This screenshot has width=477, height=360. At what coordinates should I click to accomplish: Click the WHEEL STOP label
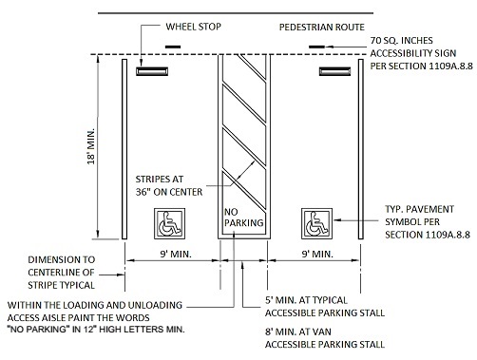tap(193, 27)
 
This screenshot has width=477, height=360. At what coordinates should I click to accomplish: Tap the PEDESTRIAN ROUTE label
tap(322, 28)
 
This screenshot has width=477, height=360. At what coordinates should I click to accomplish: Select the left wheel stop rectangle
tap(152, 71)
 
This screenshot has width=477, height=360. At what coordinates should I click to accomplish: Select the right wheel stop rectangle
tap(334, 71)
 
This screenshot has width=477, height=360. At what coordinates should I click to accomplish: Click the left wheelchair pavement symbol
tap(169, 223)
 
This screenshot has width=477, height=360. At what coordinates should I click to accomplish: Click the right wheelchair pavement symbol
tap(316, 223)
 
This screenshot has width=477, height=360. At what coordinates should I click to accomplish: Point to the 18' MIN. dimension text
tap(91, 146)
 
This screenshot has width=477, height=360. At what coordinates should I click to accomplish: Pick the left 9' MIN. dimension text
tap(176, 254)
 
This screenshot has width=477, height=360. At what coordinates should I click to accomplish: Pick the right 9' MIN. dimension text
tap(317, 254)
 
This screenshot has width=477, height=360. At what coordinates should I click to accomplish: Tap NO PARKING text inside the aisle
tap(243, 218)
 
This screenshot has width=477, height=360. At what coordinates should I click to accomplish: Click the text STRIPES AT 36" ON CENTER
tap(169, 185)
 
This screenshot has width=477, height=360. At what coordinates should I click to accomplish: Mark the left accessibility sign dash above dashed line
tap(173, 47)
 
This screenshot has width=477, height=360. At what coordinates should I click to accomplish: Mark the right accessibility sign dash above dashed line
tap(316, 47)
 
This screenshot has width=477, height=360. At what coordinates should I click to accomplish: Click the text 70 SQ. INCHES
tap(402, 41)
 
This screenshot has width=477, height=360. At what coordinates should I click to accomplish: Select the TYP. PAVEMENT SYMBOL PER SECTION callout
tap(428, 222)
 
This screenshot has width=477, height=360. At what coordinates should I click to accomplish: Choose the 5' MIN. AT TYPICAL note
tap(325, 307)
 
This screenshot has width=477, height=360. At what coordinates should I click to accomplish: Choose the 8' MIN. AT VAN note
tap(325, 338)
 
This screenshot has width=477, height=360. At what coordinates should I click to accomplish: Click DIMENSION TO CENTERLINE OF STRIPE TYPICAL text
tap(62, 273)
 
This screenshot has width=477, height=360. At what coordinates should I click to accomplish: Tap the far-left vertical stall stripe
tap(124, 149)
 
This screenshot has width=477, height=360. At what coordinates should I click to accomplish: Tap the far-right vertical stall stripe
tap(361, 149)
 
